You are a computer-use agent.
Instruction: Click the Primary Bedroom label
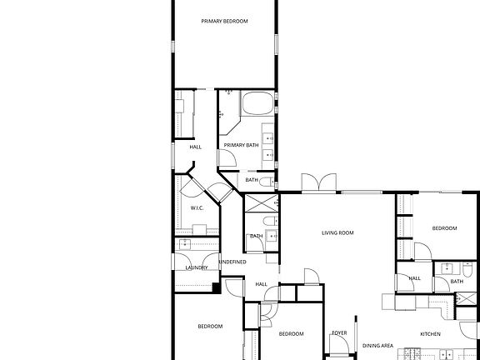coord(224,21)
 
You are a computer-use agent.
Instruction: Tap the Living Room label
coord(337,233)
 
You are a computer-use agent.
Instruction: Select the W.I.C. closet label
coord(197,208)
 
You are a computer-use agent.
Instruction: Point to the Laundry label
coord(197,267)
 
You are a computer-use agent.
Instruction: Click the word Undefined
coord(232,262)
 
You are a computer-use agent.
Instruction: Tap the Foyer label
coord(339,332)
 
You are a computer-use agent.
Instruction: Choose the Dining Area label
coord(377,346)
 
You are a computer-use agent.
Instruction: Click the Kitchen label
coord(430,334)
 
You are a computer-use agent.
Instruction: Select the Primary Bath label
coord(241,145)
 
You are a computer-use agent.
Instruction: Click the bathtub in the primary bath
coord(257,103)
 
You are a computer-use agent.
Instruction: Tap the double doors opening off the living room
coord(319,182)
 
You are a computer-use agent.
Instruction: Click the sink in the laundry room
coord(185,244)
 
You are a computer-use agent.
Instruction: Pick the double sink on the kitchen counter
coord(446,354)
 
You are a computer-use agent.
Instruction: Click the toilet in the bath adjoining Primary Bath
coord(267,182)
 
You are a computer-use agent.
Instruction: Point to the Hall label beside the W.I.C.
coord(196,147)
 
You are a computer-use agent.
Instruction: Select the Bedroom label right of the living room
coord(444,228)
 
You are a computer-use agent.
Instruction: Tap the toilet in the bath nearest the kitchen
coord(467,269)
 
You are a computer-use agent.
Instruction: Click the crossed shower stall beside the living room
coord(262,203)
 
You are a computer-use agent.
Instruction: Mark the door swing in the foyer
coord(339,345)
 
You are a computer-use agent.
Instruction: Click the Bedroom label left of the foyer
coord(291,333)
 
